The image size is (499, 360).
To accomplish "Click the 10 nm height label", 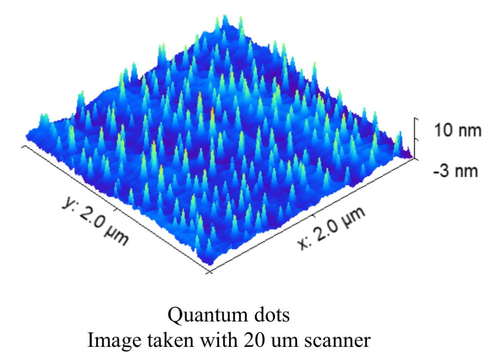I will (x=458, y=131).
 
